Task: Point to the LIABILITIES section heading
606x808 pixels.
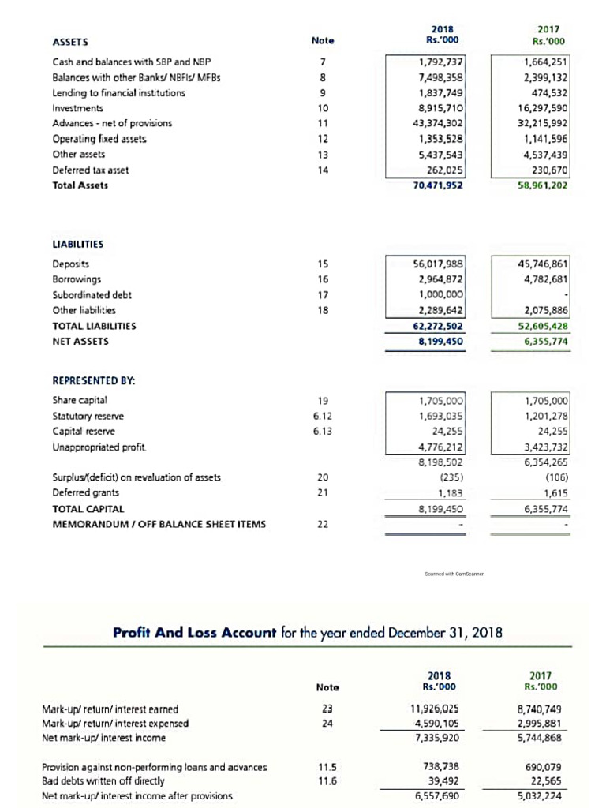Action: pos(78,244)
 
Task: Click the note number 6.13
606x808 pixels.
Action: pos(321,431)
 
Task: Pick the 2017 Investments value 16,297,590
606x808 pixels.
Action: pos(542,107)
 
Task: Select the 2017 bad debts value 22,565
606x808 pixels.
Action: pos(548,780)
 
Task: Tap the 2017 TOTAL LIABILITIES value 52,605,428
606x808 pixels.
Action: pos(541,325)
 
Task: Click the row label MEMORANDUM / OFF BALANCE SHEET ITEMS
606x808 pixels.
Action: pos(159,523)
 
